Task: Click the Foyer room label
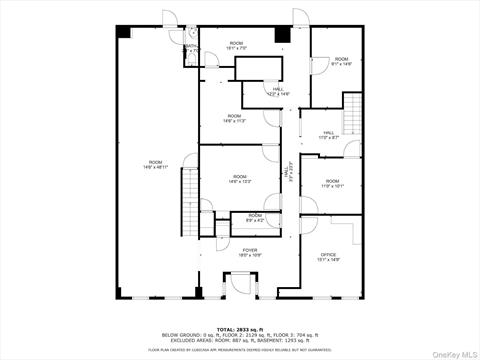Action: (x=248, y=252)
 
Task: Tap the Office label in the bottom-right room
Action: (x=329, y=257)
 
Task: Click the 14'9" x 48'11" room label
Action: (x=155, y=164)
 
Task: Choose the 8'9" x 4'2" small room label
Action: (x=255, y=217)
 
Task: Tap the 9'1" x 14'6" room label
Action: (x=342, y=61)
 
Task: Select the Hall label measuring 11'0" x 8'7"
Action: (x=329, y=134)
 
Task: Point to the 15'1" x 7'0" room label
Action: (x=236, y=45)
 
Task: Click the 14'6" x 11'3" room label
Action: (x=234, y=118)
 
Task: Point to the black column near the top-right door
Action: (x=283, y=33)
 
